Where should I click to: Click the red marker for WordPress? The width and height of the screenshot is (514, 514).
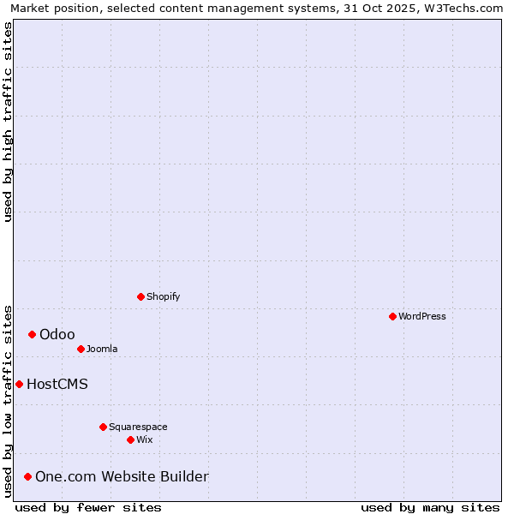[392, 316]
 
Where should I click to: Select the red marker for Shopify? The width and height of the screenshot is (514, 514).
[140, 296]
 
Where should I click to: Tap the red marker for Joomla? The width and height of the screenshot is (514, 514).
[81, 349]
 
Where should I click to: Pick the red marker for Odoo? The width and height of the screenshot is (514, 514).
[32, 334]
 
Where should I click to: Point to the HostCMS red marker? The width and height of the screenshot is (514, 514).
[19, 384]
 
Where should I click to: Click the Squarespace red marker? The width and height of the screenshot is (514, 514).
[103, 427]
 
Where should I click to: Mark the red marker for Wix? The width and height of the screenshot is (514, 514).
[130, 439]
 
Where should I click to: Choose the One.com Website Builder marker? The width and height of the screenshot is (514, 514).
[27, 476]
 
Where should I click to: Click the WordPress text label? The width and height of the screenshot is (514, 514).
[422, 316]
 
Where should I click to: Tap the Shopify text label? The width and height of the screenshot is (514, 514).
[163, 296]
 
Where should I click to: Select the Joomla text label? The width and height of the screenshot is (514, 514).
[102, 349]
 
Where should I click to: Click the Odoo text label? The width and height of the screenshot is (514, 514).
[57, 334]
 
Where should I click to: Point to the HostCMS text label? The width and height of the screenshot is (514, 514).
[57, 384]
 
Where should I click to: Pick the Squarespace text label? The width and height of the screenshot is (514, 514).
[138, 427]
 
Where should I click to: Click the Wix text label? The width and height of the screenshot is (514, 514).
[145, 439]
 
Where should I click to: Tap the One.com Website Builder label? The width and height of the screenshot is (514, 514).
[122, 476]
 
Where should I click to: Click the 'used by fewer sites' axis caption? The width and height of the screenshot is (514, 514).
[88, 507]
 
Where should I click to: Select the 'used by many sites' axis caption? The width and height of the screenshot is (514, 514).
[430, 507]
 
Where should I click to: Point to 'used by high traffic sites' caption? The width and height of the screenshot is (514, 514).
[8, 122]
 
